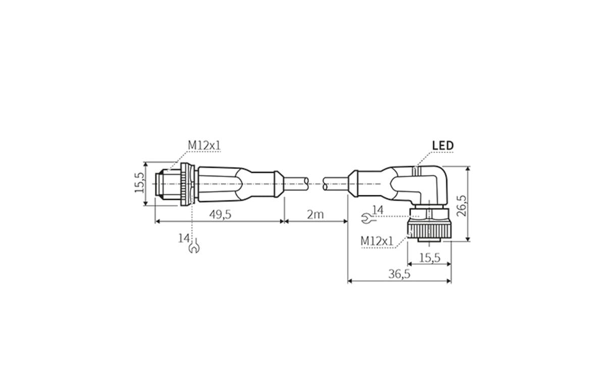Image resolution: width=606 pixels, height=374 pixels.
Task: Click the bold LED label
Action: (x=443, y=146)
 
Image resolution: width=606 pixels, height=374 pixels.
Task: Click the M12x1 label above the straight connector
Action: (x=205, y=145)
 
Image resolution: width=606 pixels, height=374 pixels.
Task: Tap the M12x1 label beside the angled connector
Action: (x=377, y=241)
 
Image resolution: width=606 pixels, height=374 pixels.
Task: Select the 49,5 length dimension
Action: (x=220, y=215)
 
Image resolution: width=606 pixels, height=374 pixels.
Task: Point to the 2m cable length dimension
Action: (x=316, y=215)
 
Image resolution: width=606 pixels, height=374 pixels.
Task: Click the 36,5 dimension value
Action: (x=399, y=274)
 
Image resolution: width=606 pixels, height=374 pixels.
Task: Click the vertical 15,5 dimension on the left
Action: (x=139, y=183)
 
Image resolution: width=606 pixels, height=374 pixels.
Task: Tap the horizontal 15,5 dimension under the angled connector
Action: (x=429, y=257)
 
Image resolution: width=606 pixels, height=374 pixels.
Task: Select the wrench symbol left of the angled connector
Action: (x=367, y=219)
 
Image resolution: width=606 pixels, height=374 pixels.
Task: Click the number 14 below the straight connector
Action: (x=183, y=237)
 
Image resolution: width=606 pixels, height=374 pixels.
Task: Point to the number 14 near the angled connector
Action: (x=378, y=209)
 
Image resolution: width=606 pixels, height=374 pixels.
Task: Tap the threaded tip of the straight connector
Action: (x=163, y=184)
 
